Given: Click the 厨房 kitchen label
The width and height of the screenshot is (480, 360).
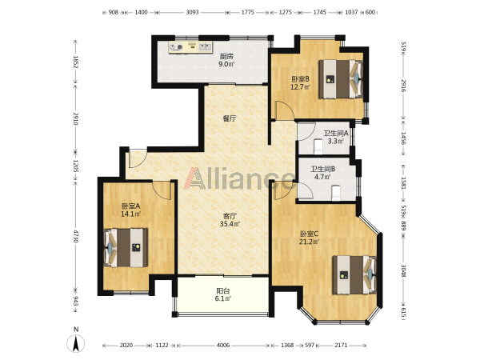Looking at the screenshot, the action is [x=227, y=56].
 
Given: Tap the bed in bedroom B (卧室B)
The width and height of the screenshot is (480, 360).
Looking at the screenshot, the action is [x=341, y=79].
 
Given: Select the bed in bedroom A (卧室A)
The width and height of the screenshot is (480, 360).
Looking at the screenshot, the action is [x=126, y=247].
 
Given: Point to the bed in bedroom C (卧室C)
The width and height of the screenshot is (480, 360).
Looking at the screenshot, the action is [x=354, y=275].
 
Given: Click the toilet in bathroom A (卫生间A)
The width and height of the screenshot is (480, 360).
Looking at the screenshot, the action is [x=318, y=146].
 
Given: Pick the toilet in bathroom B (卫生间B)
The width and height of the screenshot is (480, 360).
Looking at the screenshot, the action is [x=336, y=193].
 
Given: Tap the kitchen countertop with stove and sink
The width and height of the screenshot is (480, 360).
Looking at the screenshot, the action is [x=190, y=47].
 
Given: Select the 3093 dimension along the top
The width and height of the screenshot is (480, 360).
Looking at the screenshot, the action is [x=192, y=12].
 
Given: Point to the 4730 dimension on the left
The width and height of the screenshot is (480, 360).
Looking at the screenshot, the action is [x=76, y=235].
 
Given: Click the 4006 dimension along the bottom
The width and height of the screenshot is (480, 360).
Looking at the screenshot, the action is [x=223, y=346].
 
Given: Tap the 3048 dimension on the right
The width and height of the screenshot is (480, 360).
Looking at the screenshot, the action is [x=403, y=270].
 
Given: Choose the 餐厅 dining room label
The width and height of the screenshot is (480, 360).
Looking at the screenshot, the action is [x=230, y=118].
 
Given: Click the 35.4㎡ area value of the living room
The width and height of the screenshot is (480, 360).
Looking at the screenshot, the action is [x=230, y=224].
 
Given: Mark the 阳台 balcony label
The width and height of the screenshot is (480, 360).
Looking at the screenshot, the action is [x=223, y=291].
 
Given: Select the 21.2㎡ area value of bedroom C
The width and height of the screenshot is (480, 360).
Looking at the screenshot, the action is [x=309, y=242].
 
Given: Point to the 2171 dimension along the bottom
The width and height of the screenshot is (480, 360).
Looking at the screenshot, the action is [x=341, y=346].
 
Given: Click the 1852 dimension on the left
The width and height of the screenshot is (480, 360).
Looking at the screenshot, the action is [x=76, y=62].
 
